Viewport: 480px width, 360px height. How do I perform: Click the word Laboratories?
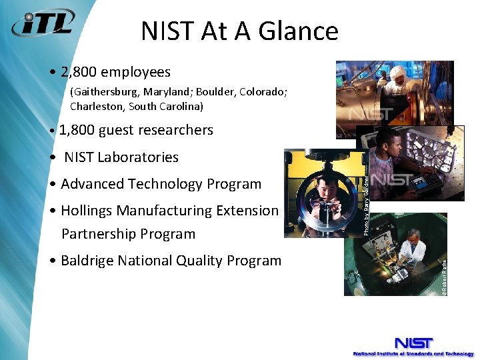(138, 157)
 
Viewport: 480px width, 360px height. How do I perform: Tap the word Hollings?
(87, 211)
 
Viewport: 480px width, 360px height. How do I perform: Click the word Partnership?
(97, 234)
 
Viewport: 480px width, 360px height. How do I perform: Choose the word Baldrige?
(87, 261)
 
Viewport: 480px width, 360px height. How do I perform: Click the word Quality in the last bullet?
(198, 261)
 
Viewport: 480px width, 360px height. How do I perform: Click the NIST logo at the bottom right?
(413, 343)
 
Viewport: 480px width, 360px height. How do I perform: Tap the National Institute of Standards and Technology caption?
(413, 354)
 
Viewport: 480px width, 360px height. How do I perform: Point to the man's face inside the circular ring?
(325, 191)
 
